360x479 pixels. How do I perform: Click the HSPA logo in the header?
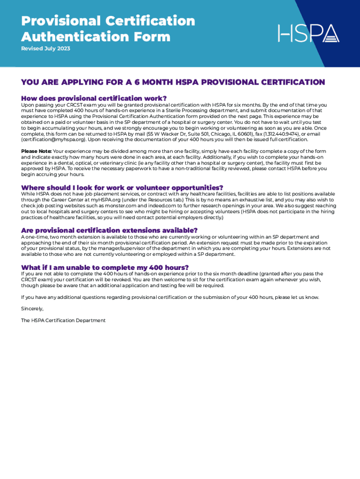[x=309, y=33]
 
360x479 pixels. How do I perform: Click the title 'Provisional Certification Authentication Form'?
[x=108, y=29]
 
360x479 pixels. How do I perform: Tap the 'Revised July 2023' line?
[x=45, y=49]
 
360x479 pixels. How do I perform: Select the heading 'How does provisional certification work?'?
[x=94, y=98]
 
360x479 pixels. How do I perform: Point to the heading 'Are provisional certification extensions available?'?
[x=109, y=230]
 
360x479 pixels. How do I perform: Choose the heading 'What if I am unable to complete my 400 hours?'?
[x=101, y=267]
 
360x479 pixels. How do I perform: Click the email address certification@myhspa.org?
[x=53, y=139]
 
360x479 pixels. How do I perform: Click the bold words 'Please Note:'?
[x=36, y=152]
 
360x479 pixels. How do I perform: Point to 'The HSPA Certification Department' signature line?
[x=63, y=320]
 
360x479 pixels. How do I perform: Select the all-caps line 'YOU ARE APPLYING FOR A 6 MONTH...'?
[x=173, y=82]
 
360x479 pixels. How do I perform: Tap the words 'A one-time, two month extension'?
[x=61, y=237]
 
